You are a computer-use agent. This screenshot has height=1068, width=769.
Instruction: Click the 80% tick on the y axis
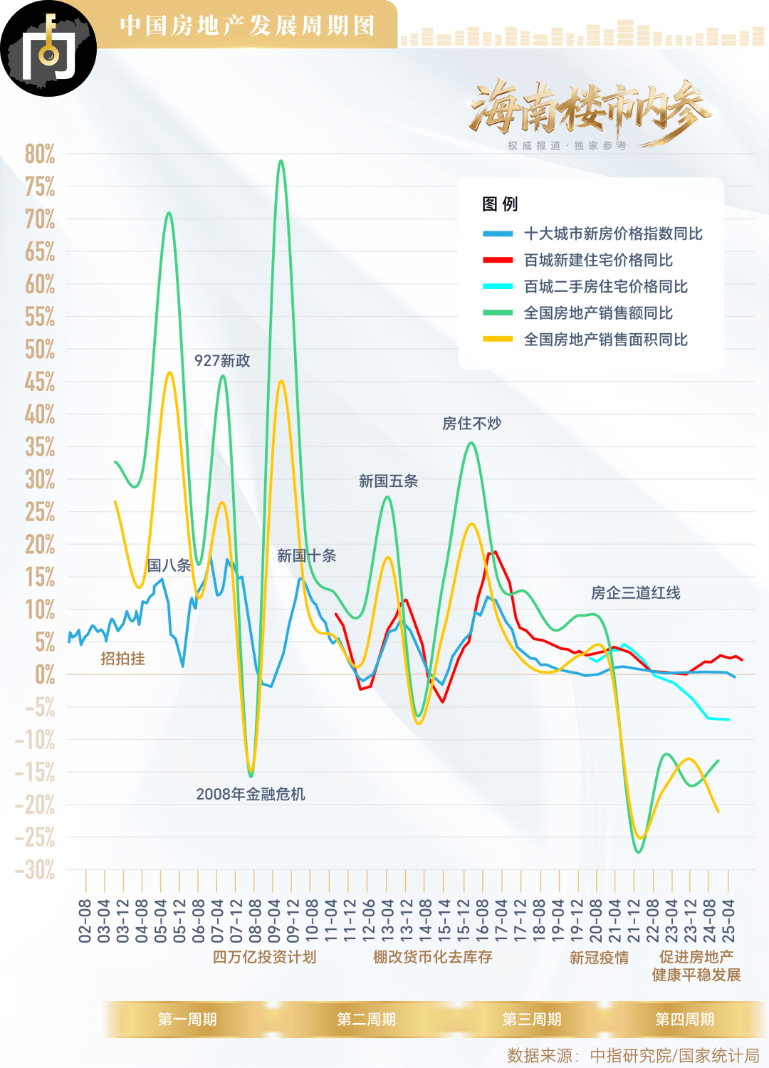(40, 154)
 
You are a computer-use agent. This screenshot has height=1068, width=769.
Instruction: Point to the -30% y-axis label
(36, 869)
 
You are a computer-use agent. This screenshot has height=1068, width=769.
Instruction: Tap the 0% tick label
(45, 674)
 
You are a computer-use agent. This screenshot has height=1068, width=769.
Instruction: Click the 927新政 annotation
(222, 361)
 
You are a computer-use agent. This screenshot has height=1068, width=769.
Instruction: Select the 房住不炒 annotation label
(471, 424)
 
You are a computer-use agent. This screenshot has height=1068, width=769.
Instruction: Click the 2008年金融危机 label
(251, 794)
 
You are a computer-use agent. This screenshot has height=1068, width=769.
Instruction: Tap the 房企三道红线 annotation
(635, 593)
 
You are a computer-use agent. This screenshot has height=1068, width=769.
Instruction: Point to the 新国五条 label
(388, 481)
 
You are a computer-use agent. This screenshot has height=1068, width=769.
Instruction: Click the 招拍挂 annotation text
(122, 659)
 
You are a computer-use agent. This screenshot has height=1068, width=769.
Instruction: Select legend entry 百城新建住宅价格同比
(598, 260)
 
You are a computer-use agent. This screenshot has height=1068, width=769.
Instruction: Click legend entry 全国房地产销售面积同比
(605, 340)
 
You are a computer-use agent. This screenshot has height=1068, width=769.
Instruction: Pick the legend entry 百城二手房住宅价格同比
(605, 286)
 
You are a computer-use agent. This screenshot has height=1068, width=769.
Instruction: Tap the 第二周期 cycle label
(366, 1020)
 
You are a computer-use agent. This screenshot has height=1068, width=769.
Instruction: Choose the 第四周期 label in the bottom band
(684, 1020)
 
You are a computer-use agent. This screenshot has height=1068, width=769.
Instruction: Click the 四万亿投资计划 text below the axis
(264, 957)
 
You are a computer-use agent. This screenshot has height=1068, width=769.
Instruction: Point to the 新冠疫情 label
(599, 958)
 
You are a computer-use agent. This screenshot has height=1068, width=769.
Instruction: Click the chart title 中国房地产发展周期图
(247, 26)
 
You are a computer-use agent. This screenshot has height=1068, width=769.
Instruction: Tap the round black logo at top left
(48, 48)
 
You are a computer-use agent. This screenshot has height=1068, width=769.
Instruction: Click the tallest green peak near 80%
(281, 161)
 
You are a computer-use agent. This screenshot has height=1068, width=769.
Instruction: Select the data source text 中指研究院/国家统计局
(674, 1055)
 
